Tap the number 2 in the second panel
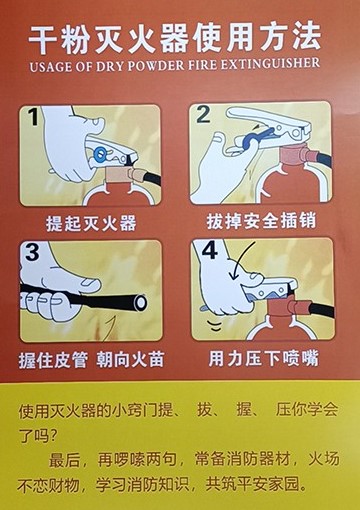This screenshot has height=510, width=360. coord(203,114)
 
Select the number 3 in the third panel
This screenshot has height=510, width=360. coord(32,252)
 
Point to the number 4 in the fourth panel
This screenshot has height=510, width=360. coord(210,251)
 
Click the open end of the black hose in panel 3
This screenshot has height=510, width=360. coord(141,302)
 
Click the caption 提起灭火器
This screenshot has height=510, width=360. coord(91,223)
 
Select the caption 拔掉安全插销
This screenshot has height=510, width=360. coord(261,221)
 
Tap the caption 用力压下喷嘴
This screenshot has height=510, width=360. coord(263,358)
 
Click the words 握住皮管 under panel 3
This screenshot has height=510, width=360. coord(53,360)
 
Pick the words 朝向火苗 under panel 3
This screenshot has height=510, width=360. coord(130,360)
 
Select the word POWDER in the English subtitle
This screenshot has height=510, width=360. coord(156,65)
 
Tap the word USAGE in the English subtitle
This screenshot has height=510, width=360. coord(51,67)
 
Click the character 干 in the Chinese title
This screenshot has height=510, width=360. coord(44,40)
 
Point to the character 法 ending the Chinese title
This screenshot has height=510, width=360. coord(307,36)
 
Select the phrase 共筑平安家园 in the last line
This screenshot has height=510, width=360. coord(256,484)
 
